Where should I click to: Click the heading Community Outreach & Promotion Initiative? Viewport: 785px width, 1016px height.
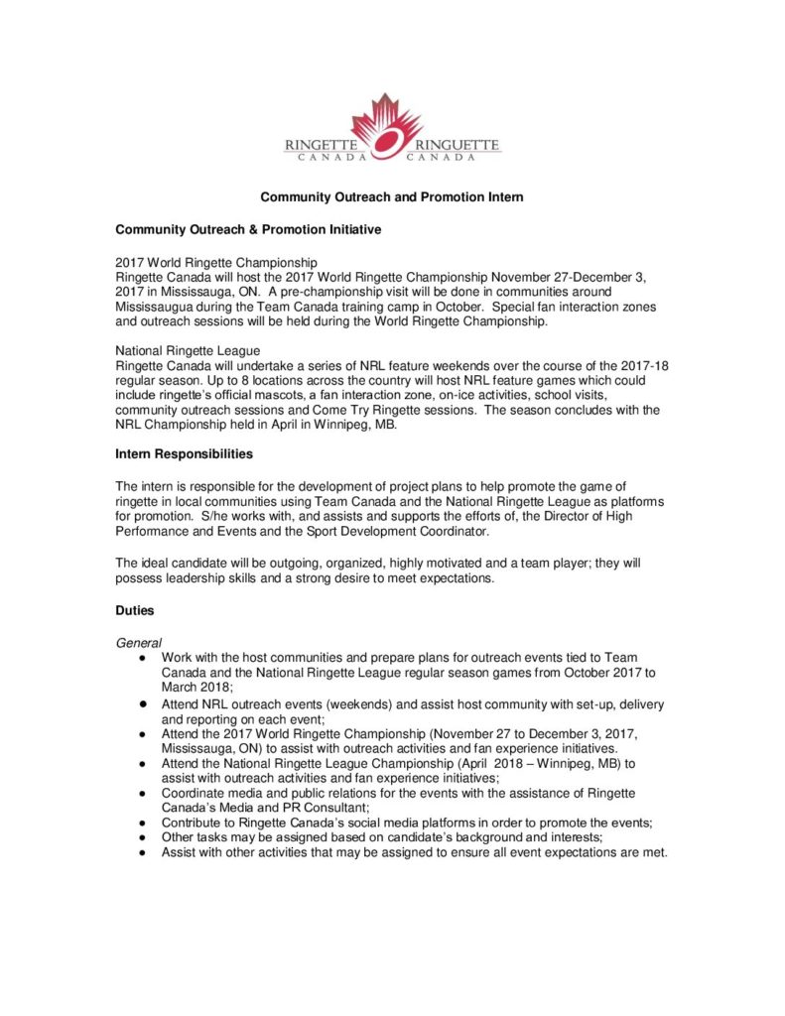click(248, 229)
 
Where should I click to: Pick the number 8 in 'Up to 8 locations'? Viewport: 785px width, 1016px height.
click(219, 381)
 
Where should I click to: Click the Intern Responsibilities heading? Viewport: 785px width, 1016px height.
click(184, 453)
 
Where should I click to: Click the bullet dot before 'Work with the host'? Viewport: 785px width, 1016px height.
click(143, 659)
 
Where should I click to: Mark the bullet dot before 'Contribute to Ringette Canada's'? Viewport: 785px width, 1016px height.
click(143, 824)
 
